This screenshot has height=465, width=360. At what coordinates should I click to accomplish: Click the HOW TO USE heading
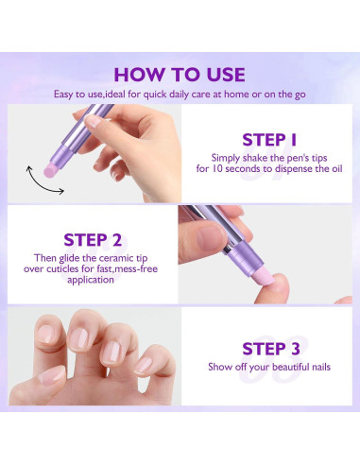(x=180, y=75)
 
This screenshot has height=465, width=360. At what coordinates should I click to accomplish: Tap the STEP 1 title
(x=269, y=140)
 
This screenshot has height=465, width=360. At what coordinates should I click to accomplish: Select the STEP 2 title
(x=93, y=240)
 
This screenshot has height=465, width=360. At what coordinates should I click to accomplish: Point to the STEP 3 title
(x=271, y=349)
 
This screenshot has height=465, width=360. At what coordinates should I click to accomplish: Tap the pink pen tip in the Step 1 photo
(x=51, y=169)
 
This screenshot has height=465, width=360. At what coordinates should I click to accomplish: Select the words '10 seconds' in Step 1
(x=235, y=168)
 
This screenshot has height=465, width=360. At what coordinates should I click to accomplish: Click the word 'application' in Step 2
(x=91, y=280)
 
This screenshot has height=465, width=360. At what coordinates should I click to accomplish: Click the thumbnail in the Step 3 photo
(x=51, y=376)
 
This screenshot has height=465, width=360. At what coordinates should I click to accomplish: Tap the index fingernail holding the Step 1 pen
(x=94, y=121)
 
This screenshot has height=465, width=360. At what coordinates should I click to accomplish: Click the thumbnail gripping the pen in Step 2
(x=210, y=237)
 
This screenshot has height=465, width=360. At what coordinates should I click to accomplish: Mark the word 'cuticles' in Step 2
(x=62, y=269)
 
